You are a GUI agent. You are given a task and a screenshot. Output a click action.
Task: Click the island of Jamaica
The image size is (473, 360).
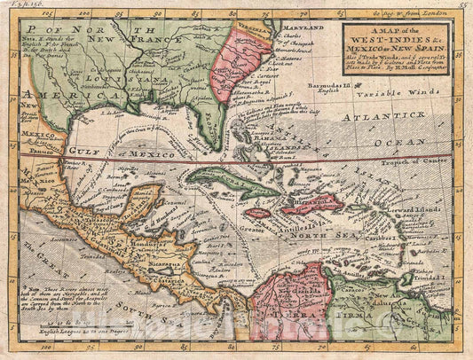click(x=256, y=213)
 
